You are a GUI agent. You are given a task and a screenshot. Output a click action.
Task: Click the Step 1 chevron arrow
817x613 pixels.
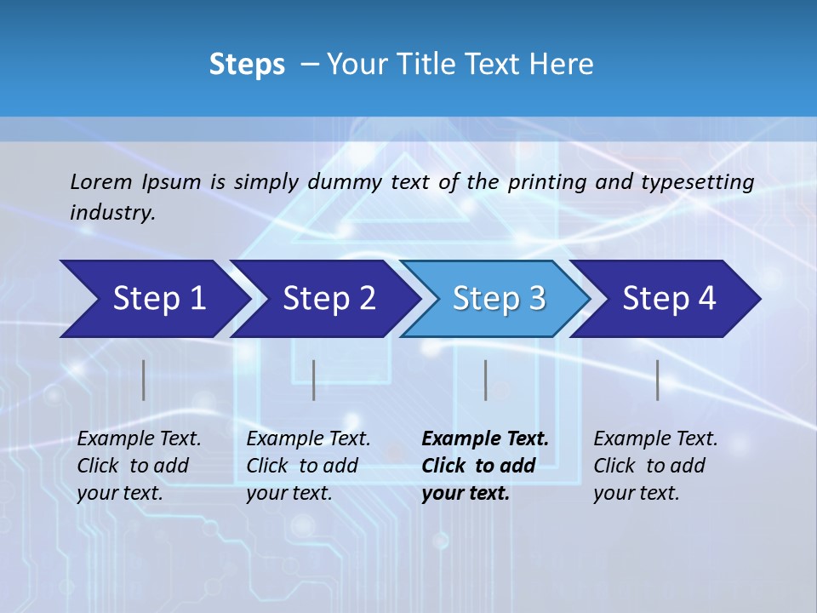pyautogui.click(x=157, y=299)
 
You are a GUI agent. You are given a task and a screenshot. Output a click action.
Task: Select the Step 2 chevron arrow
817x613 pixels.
pyautogui.click(x=328, y=299)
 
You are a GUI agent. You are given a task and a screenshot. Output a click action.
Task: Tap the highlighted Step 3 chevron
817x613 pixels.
pyautogui.click(x=498, y=299)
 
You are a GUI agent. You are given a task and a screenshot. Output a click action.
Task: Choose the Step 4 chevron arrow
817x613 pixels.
pyautogui.click(x=668, y=299)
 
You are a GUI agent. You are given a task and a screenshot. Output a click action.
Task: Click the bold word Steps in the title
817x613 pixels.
pyautogui.click(x=247, y=64)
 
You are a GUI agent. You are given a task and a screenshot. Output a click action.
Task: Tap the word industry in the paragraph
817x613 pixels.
pyautogui.click(x=111, y=213)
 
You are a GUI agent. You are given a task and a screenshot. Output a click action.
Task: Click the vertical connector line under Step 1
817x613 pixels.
pyautogui.click(x=144, y=380)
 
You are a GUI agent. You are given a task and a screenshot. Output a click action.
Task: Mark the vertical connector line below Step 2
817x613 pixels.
pyautogui.click(x=314, y=380)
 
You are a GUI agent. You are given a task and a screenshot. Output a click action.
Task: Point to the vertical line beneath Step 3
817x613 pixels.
pyautogui.click(x=485, y=380)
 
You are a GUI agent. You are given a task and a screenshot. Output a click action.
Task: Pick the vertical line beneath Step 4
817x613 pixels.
pyautogui.click(x=657, y=380)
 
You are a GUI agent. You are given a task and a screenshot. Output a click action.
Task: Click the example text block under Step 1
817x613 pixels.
pyautogui.click(x=139, y=466)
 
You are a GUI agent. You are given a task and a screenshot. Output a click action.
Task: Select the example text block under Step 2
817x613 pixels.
pyautogui.click(x=308, y=466)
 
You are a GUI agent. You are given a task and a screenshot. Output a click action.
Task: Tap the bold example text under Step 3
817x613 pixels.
pyautogui.click(x=485, y=466)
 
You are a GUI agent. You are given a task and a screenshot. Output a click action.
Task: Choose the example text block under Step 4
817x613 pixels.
pyautogui.click(x=655, y=466)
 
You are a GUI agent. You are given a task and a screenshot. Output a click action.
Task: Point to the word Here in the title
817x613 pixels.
pyautogui.click(x=560, y=64)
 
